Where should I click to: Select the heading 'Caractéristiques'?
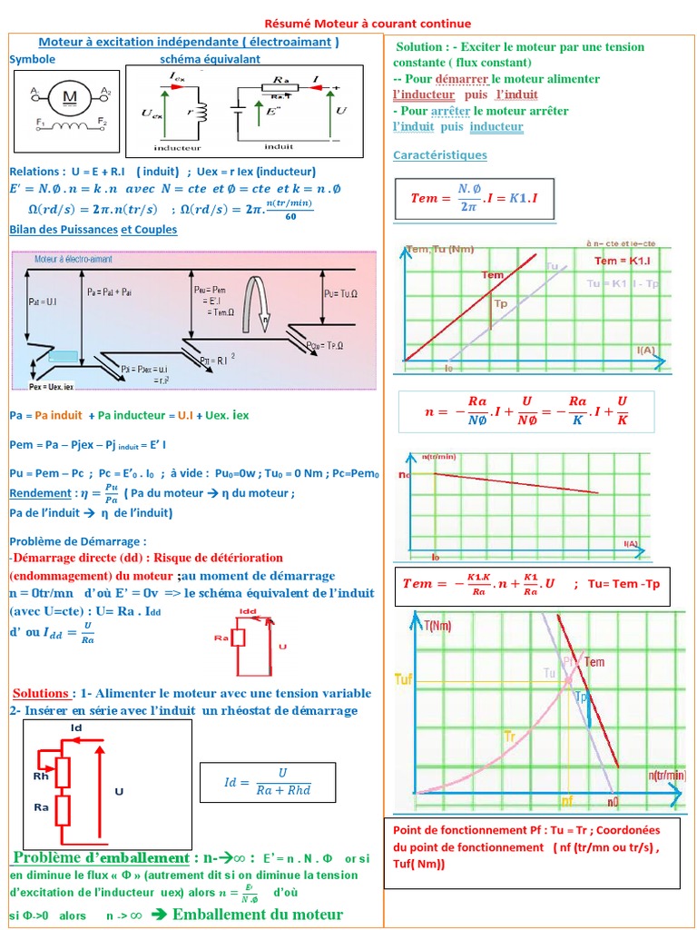tap(439, 155)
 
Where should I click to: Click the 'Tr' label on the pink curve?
tap(510, 733)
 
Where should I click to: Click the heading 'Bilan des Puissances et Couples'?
tap(93, 230)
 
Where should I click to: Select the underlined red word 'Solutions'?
tap(42, 693)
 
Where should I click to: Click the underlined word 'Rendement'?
tap(40, 493)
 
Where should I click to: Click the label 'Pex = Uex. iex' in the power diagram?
tap(55, 386)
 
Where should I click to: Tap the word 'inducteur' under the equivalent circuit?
tap(177, 146)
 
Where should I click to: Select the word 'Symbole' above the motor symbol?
tap(33, 59)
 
